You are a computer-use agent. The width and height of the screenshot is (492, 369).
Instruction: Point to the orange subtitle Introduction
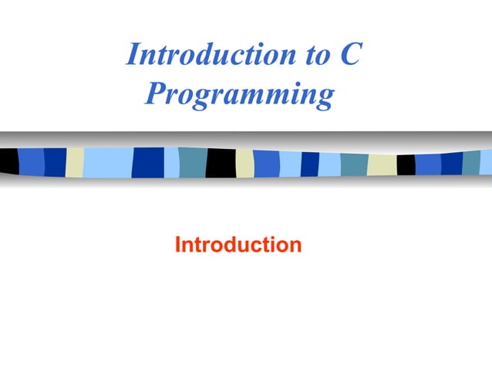pyautogui.click(x=238, y=245)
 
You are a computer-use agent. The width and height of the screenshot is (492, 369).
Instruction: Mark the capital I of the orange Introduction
pyautogui.click(x=178, y=245)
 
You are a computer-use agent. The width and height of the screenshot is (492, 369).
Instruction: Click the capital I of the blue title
pyautogui.click(x=132, y=56)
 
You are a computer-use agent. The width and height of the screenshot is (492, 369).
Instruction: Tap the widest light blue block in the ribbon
pyautogui.click(x=107, y=162)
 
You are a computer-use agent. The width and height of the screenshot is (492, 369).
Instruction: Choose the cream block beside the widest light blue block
pyautogui.click(x=74, y=162)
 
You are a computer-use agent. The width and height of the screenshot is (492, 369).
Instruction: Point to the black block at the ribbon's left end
pyautogui.click(x=8, y=161)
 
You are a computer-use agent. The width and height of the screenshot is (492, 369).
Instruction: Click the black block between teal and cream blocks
pyautogui.click(x=220, y=162)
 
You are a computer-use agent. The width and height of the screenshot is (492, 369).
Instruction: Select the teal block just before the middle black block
pyautogui.click(x=192, y=162)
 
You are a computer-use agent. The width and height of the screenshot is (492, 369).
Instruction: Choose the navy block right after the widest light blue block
pyautogui.click(x=147, y=162)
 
